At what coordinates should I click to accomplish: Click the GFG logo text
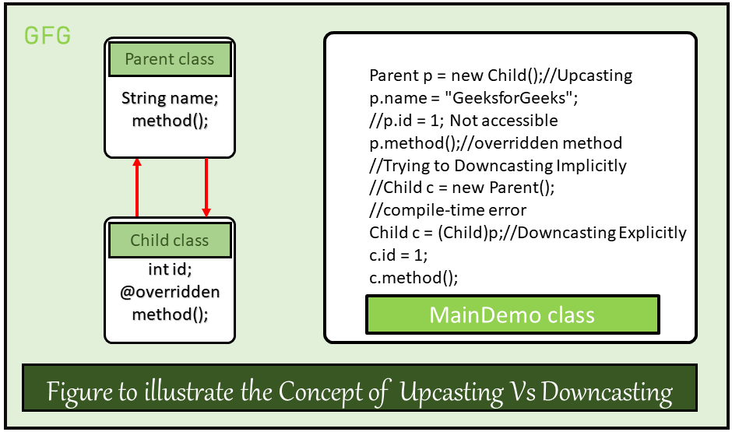48,35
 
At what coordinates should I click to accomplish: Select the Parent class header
170,59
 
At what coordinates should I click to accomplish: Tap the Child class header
170,240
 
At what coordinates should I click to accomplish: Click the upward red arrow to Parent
137,187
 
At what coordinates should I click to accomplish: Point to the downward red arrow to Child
206,187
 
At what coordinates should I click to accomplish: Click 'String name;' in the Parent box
170,100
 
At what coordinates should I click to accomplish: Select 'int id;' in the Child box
170,269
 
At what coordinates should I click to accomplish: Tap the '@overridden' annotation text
170,292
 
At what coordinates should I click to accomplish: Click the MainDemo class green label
512,315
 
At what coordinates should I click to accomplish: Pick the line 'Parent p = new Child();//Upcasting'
500,76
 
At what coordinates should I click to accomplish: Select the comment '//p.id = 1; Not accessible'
463,121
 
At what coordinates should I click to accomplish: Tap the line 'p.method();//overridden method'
495,143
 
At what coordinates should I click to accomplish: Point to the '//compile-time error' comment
448,210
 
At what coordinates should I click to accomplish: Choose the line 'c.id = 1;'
399,255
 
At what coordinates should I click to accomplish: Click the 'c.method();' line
413,277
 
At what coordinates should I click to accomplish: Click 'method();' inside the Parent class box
170,121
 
